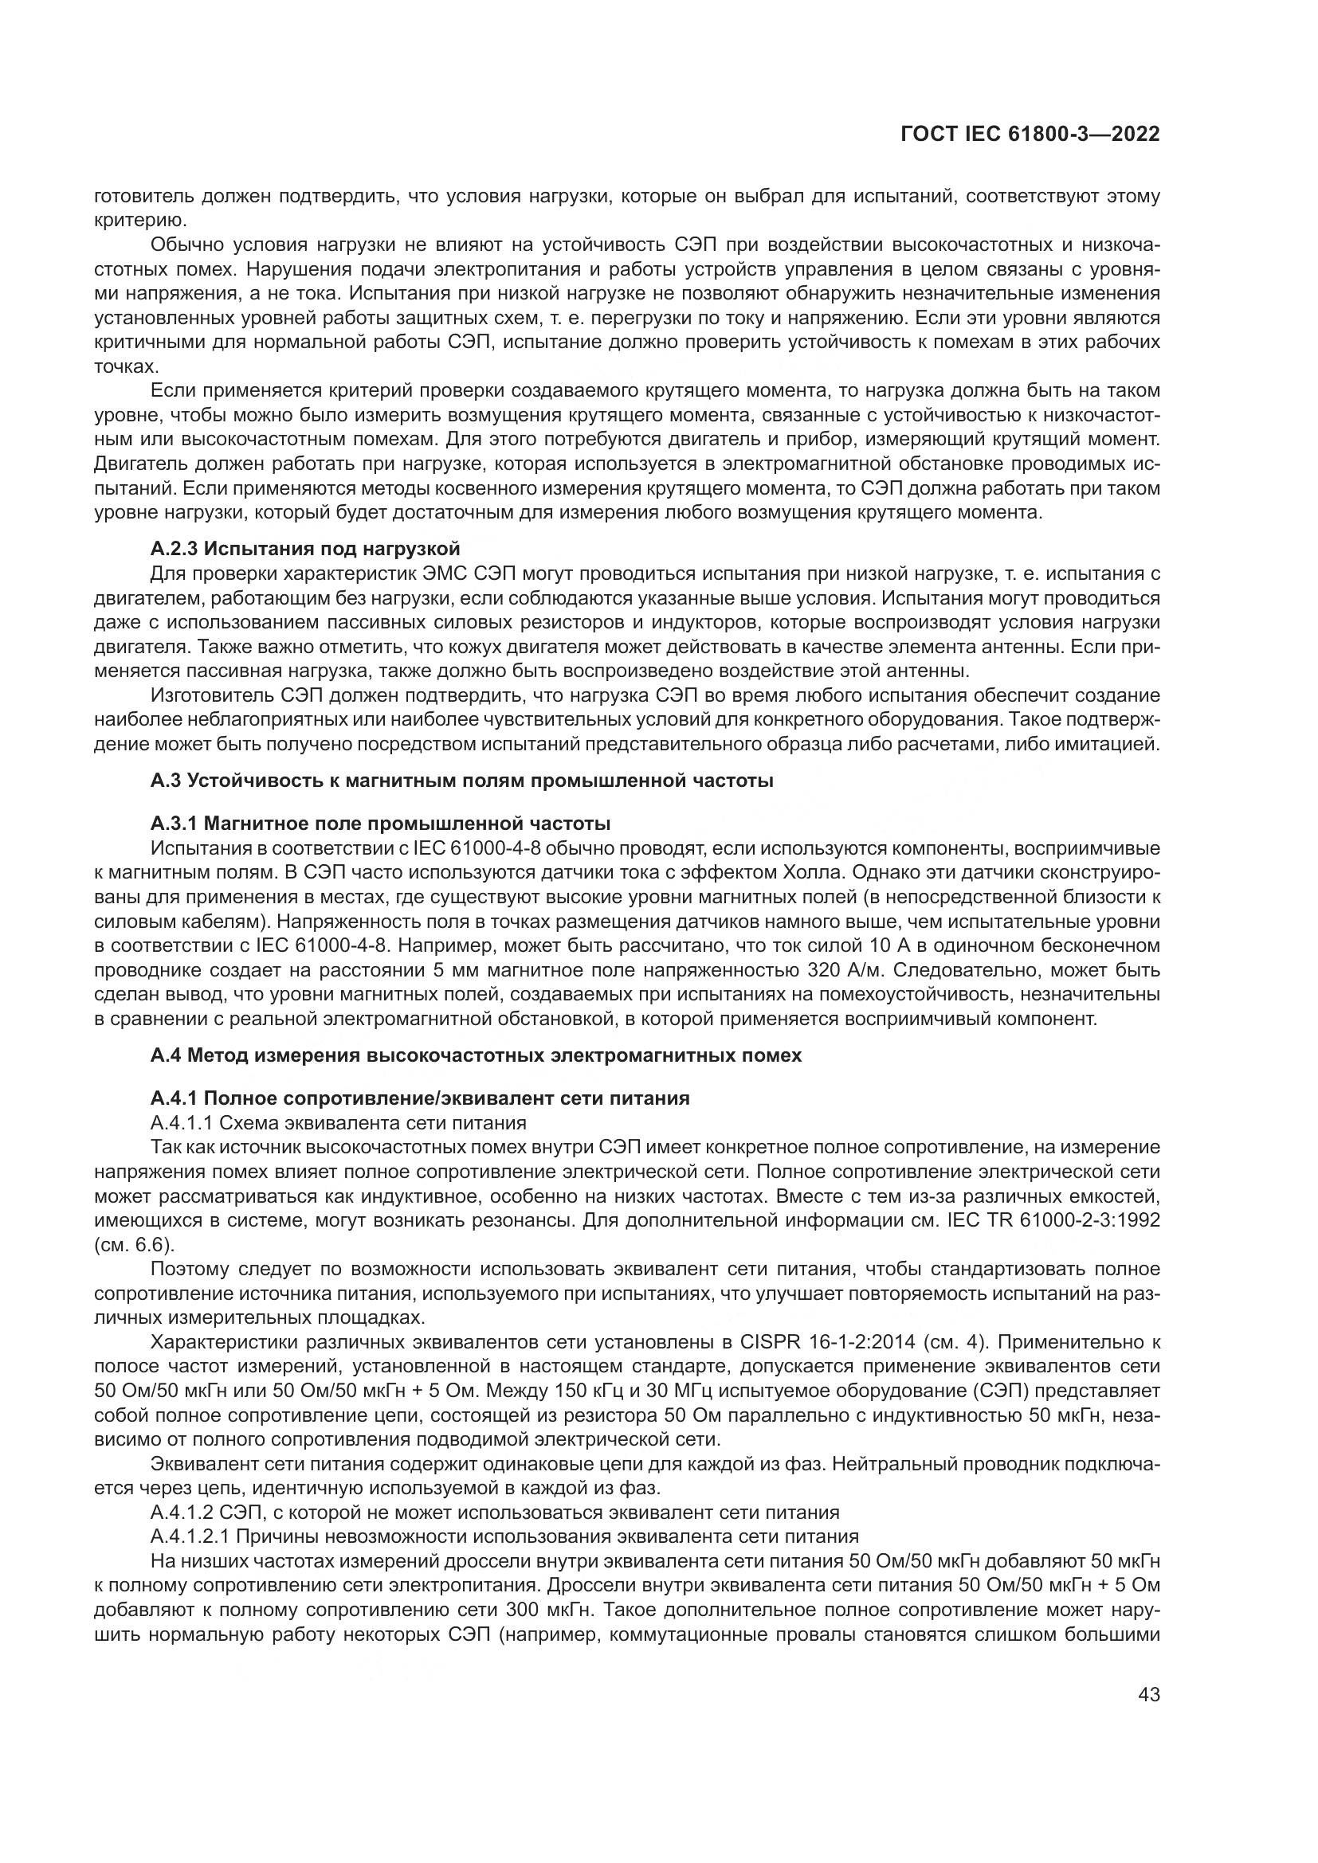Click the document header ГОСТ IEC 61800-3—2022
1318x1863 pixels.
point(1030,134)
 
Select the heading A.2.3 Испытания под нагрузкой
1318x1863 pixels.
point(305,549)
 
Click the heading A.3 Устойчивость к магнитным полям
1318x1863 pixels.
point(461,781)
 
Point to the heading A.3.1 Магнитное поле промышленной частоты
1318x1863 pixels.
point(380,824)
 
